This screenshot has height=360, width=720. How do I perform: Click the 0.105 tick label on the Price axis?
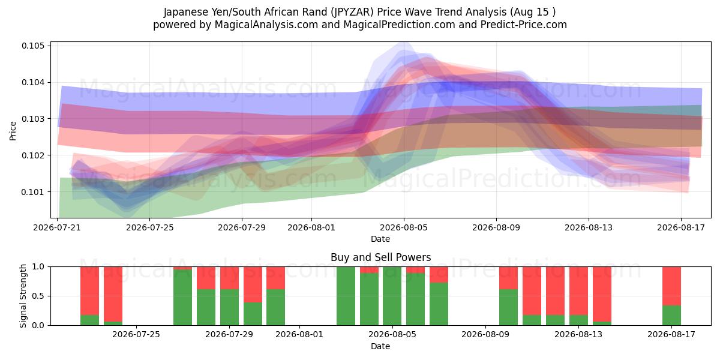pos(32,46)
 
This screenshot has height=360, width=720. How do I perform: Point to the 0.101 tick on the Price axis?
pos(32,192)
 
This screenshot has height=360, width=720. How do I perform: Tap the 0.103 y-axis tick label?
pos(32,119)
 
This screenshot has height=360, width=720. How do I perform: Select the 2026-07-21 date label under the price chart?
pos(57,227)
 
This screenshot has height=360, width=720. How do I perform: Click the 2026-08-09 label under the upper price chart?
pos(496,227)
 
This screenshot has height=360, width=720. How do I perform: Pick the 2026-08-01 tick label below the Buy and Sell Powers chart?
pos(299,334)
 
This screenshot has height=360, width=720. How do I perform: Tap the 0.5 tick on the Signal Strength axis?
pos(38,296)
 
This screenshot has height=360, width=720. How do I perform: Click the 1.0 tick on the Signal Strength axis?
pos(38,267)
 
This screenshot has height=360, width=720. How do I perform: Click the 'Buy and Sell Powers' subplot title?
pos(380,257)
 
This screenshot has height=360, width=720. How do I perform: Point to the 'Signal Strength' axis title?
pos(23,296)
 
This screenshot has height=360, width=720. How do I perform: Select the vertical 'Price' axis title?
pos(13,131)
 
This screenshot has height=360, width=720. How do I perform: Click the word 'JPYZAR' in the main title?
pos(353,12)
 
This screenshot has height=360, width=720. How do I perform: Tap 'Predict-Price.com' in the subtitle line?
pos(524,25)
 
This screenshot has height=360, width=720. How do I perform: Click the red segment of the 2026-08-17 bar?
pos(671,286)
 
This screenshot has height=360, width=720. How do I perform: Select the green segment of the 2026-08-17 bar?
pos(671,316)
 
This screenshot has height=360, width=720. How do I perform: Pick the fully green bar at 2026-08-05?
pos(392,296)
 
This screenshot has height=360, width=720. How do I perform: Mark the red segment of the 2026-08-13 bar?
pos(578,291)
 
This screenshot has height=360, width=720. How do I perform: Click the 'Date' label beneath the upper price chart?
pos(380,239)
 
